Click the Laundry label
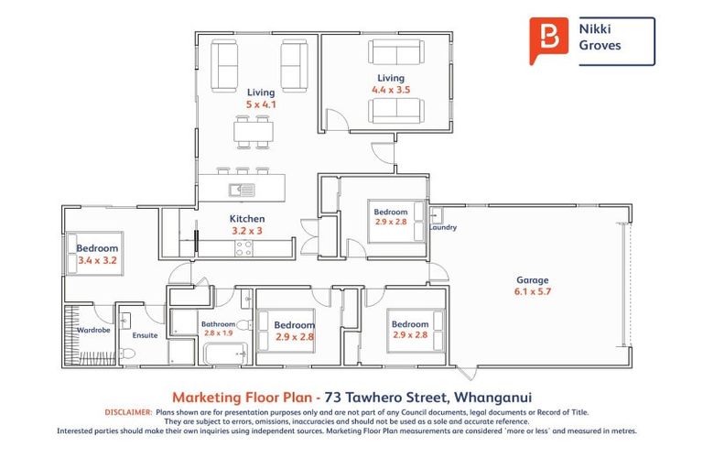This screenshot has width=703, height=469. tap(443, 228)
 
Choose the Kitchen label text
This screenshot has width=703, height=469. tap(247, 219)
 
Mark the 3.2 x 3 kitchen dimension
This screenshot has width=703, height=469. tap(247, 231)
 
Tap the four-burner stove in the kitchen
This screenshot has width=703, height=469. tap(243, 247)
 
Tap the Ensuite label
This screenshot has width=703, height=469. tap(145, 335)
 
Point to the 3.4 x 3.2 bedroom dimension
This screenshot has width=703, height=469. tap(95, 260)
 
